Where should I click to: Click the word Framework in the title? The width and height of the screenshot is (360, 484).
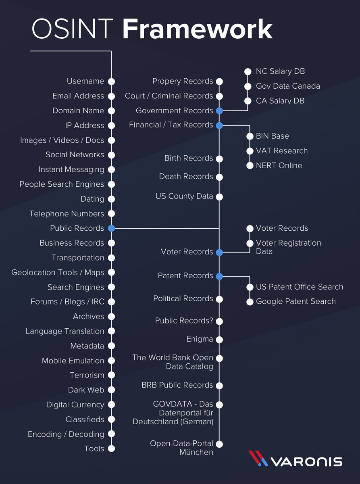[x=197, y=29]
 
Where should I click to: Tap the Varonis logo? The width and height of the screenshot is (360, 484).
[x=295, y=459]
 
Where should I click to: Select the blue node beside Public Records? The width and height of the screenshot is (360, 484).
[x=112, y=228]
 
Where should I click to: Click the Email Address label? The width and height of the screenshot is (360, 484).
[x=78, y=96]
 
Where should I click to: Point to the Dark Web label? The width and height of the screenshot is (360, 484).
[x=86, y=390]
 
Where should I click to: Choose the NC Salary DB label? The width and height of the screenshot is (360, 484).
[x=280, y=71]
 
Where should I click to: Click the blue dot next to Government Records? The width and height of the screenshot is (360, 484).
[x=219, y=111]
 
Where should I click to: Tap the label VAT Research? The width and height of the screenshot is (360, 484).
[x=281, y=151]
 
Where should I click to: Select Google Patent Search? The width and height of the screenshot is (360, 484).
[x=295, y=301]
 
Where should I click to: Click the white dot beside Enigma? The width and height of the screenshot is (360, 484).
[x=219, y=340]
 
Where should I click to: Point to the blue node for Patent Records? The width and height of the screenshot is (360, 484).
[x=219, y=276]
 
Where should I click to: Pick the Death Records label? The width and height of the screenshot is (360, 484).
[x=186, y=177]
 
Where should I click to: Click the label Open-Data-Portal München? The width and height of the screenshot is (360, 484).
[x=181, y=448]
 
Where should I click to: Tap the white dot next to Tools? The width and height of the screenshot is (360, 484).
[x=112, y=449]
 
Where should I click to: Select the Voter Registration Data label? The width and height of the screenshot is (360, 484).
[x=288, y=247]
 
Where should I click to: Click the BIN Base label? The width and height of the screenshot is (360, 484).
[x=272, y=136]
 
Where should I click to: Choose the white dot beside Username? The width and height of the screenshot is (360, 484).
[x=112, y=81]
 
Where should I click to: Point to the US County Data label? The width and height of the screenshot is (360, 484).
[x=184, y=197]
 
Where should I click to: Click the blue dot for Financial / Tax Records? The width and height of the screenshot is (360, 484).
[x=219, y=125]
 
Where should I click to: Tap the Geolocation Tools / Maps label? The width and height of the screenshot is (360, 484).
[x=58, y=273]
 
